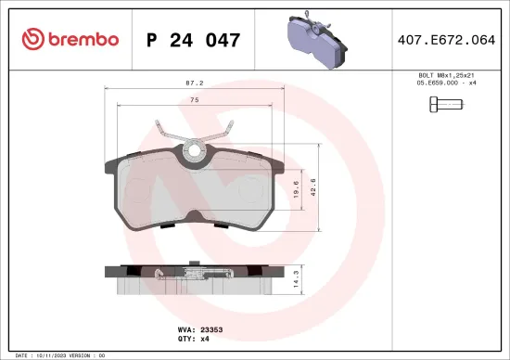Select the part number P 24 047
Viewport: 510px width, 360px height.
(194, 40)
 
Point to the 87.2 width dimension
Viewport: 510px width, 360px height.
(194, 83)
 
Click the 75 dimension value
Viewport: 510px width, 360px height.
(194, 99)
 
